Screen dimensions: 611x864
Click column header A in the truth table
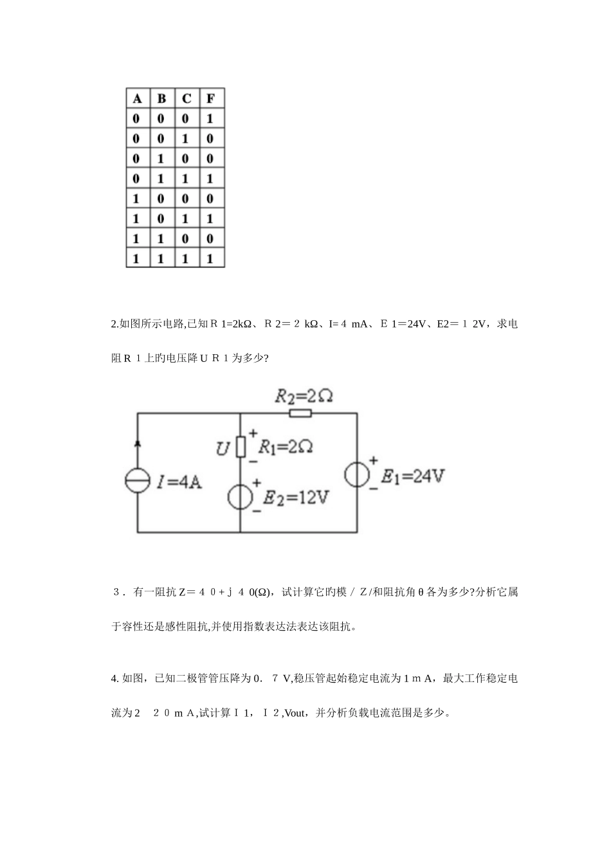point(137,98)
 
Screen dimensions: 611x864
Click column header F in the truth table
point(210,98)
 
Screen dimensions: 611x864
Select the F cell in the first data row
point(210,119)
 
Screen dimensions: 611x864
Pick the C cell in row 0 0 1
point(186,139)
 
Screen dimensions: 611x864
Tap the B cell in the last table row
point(161,258)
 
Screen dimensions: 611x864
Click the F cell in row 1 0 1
point(210,219)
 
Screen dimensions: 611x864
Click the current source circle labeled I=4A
point(137,482)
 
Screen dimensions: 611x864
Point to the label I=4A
point(179,482)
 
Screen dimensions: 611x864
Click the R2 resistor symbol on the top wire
point(300,413)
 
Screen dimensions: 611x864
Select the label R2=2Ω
point(304,395)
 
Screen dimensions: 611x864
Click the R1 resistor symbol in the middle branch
point(241,446)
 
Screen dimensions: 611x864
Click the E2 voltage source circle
point(241,496)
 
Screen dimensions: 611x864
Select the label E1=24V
point(412,476)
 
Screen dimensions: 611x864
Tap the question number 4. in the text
point(114,678)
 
